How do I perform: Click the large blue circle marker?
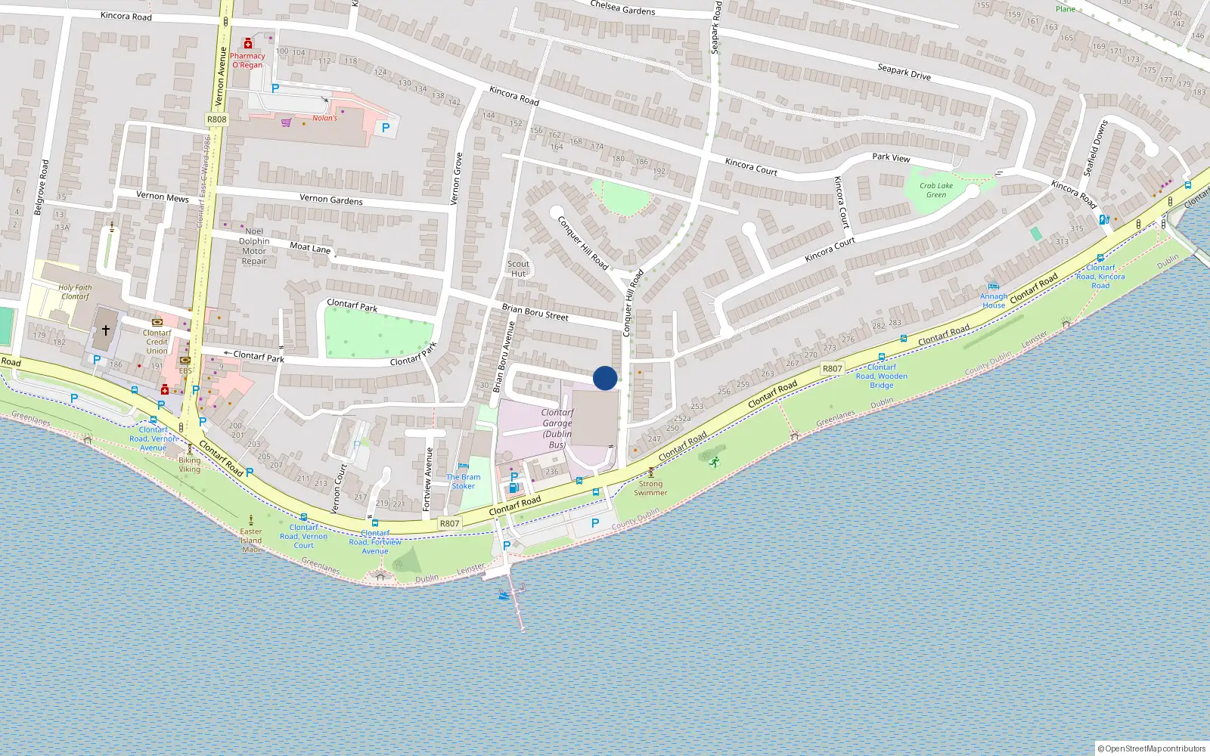pyautogui.click(x=605, y=378)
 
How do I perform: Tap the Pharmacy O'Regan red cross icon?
pyautogui.click(x=247, y=45)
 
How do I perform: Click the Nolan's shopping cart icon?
pyautogui.click(x=286, y=122)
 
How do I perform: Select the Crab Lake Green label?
pyautogui.click(x=936, y=190)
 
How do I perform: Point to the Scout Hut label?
pyautogui.click(x=518, y=269)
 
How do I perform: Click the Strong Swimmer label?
pyautogui.click(x=650, y=488)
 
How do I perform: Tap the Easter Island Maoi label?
pyautogui.click(x=251, y=540)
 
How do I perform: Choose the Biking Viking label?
pyautogui.click(x=190, y=464)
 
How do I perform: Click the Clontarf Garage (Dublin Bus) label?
pyautogui.click(x=557, y=429)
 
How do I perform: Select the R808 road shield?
pyautogui.click(x=216, y=119)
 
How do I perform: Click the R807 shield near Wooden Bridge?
pyautogui.click(x=832, y=369)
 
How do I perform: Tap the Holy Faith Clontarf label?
pyautogui.click(x=75, y=292)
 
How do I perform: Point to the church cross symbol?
pyautogui.click(x=106, y=330)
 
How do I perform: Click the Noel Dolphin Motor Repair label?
pyautogui.click(x=254, y=246)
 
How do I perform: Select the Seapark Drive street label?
pyautogui.click(x=904, y=72)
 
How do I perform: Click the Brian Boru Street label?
pyautogui.click(x=535, y=312)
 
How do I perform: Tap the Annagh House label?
pyautogui.click(x=994, y=301)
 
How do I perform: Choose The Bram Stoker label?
pyautogui.click(x=463, y=482)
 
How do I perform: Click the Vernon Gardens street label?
pyautogui.click(x=331, y=200)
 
